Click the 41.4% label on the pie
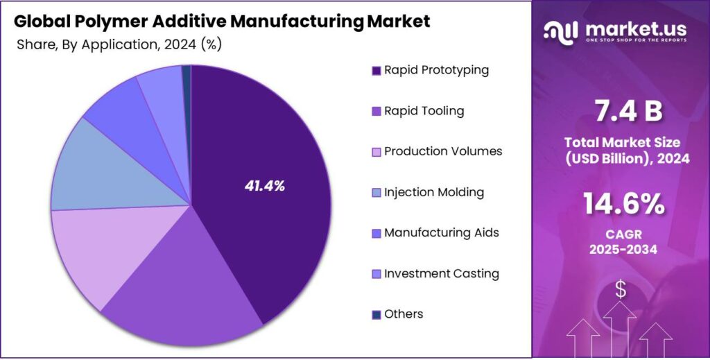(x=264, y=185)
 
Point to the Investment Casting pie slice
(x=161, y=90)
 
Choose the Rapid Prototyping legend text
(x=436, y=70)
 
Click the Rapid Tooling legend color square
(x=376, y=111)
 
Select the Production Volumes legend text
(x=443, y=151)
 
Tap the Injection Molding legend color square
(x=376, y=192)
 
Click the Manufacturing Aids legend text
(x=441, y=232)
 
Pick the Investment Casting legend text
(x=441, y=273)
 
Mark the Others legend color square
(x=376, y=314)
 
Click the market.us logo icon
(x=561, y=30)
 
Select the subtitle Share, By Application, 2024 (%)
(x=119, y=44)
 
